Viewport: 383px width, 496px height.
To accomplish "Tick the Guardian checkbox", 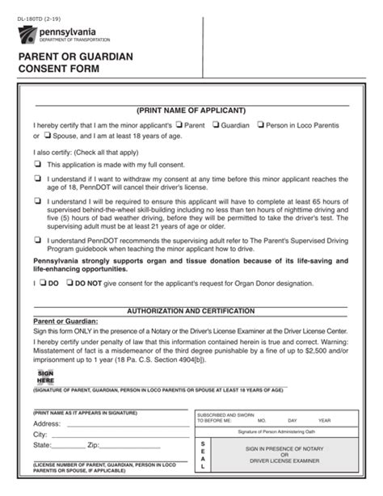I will tap(216, 125).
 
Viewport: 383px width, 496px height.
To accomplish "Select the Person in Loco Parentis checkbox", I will tap(259, 125).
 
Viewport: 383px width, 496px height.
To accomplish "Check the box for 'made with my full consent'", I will tap(37, 164).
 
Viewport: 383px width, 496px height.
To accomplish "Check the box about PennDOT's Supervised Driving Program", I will tap(37, 239).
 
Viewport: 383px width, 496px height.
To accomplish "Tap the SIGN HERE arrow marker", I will tap(45, 376).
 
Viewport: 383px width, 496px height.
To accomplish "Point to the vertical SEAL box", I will tap(203, 456).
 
